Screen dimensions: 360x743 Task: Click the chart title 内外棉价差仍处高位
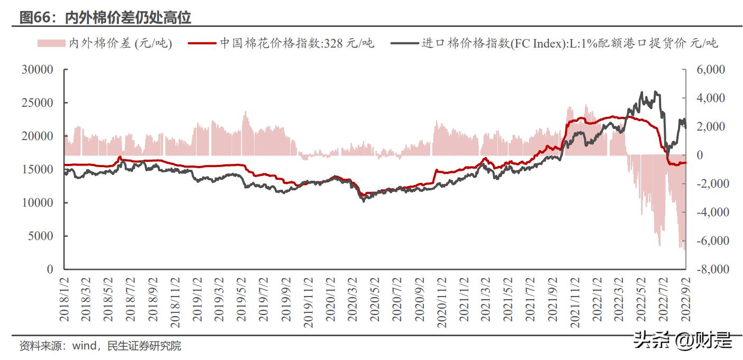pyautogui.click(x=128, y=18)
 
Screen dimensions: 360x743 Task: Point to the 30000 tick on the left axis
pyautogui.click(x=38, y=70)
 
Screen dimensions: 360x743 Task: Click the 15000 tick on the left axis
pyautogui.click(x=38, y=170)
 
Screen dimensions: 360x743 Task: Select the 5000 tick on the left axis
pyautogui.click(x=40, y=236)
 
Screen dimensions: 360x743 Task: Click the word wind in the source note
pyautogui.click(x=84, y=346)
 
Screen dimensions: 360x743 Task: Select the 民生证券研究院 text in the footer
pyautogui.click(x=144, y=346)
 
